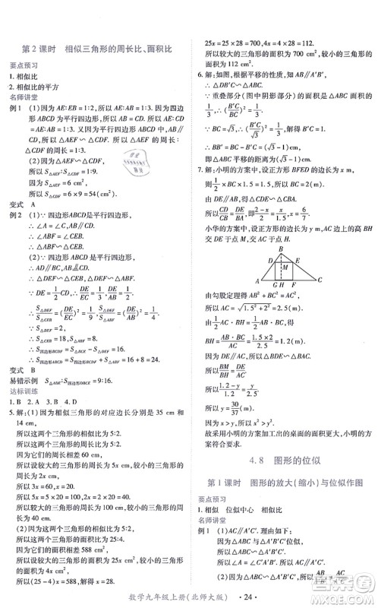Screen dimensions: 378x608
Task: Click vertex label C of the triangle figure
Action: [321, 280]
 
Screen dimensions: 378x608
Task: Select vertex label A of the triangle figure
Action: [257, 280]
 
